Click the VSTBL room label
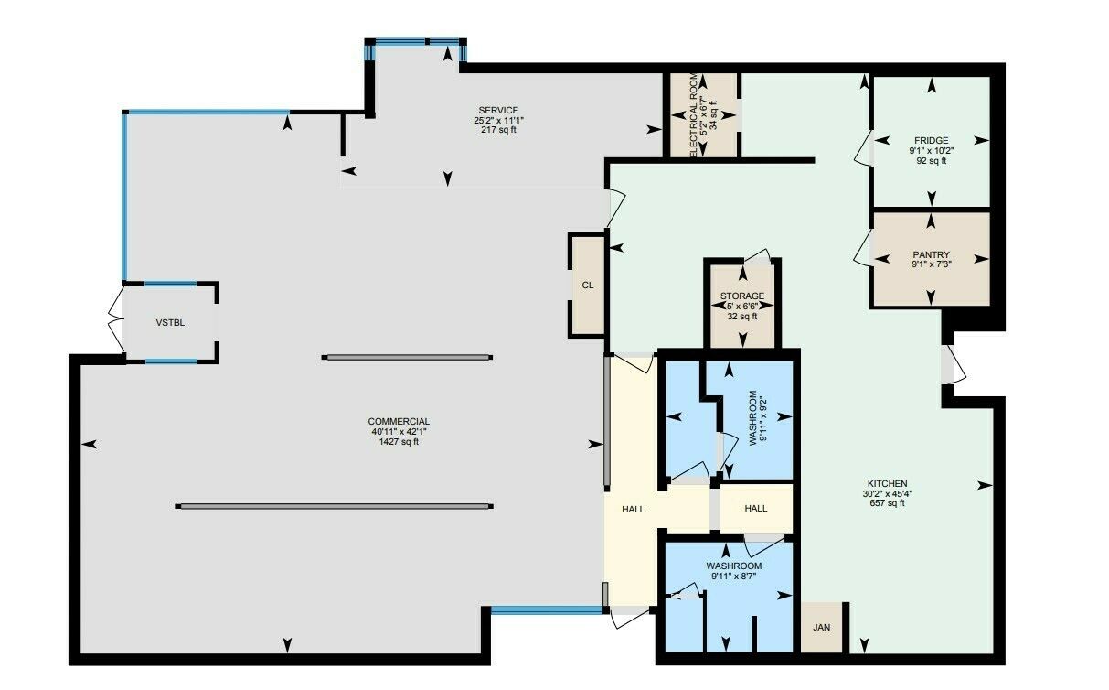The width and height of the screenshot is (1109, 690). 170,323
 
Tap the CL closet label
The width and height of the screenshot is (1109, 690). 588,286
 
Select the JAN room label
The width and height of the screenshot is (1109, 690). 821,628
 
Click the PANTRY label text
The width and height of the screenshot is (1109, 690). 932,254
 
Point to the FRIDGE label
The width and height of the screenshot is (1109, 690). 932,140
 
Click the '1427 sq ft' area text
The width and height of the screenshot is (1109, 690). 399,442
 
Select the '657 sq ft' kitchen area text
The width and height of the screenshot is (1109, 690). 887,503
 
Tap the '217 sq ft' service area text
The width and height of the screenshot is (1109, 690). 498,130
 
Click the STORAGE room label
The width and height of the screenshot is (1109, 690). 742,296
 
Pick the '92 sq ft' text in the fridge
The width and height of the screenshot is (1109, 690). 932,161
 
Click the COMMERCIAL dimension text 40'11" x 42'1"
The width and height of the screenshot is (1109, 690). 399,431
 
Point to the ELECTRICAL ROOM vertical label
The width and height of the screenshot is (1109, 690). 693,115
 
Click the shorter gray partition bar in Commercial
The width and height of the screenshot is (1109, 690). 407,357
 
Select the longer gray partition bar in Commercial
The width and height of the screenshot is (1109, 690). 335,507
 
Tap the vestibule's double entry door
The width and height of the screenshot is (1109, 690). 116,319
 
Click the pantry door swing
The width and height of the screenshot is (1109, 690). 862,247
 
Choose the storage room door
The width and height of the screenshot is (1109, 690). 758,256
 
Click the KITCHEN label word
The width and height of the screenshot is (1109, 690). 887,483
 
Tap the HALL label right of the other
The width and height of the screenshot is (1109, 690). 756,508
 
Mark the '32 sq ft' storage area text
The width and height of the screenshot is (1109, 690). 742,317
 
